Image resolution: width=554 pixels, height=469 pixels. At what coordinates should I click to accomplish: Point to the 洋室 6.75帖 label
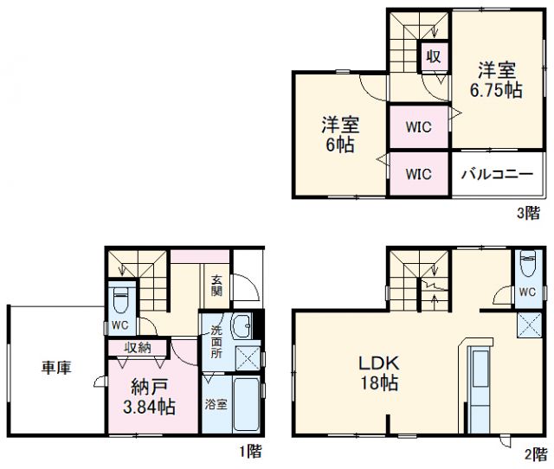pos(496,79)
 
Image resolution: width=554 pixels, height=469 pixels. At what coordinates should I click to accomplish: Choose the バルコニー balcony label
pos(496,174)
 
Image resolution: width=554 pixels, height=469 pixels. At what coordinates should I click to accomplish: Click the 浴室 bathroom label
pos(216,403)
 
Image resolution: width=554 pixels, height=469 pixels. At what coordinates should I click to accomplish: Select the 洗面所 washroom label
pos(216,341)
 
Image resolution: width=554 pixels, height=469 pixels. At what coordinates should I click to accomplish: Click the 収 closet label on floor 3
pos(434,57)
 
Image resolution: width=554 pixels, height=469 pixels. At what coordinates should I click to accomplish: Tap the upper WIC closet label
pos(419,126)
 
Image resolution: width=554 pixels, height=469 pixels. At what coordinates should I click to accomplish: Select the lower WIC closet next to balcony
pos(419,174)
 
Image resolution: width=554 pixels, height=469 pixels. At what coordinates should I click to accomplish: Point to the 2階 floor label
pos(533,451)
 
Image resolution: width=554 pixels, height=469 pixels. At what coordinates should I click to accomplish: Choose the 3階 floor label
pos(527,213)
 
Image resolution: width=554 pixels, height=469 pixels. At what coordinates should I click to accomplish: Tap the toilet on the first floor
pos(121,300)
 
